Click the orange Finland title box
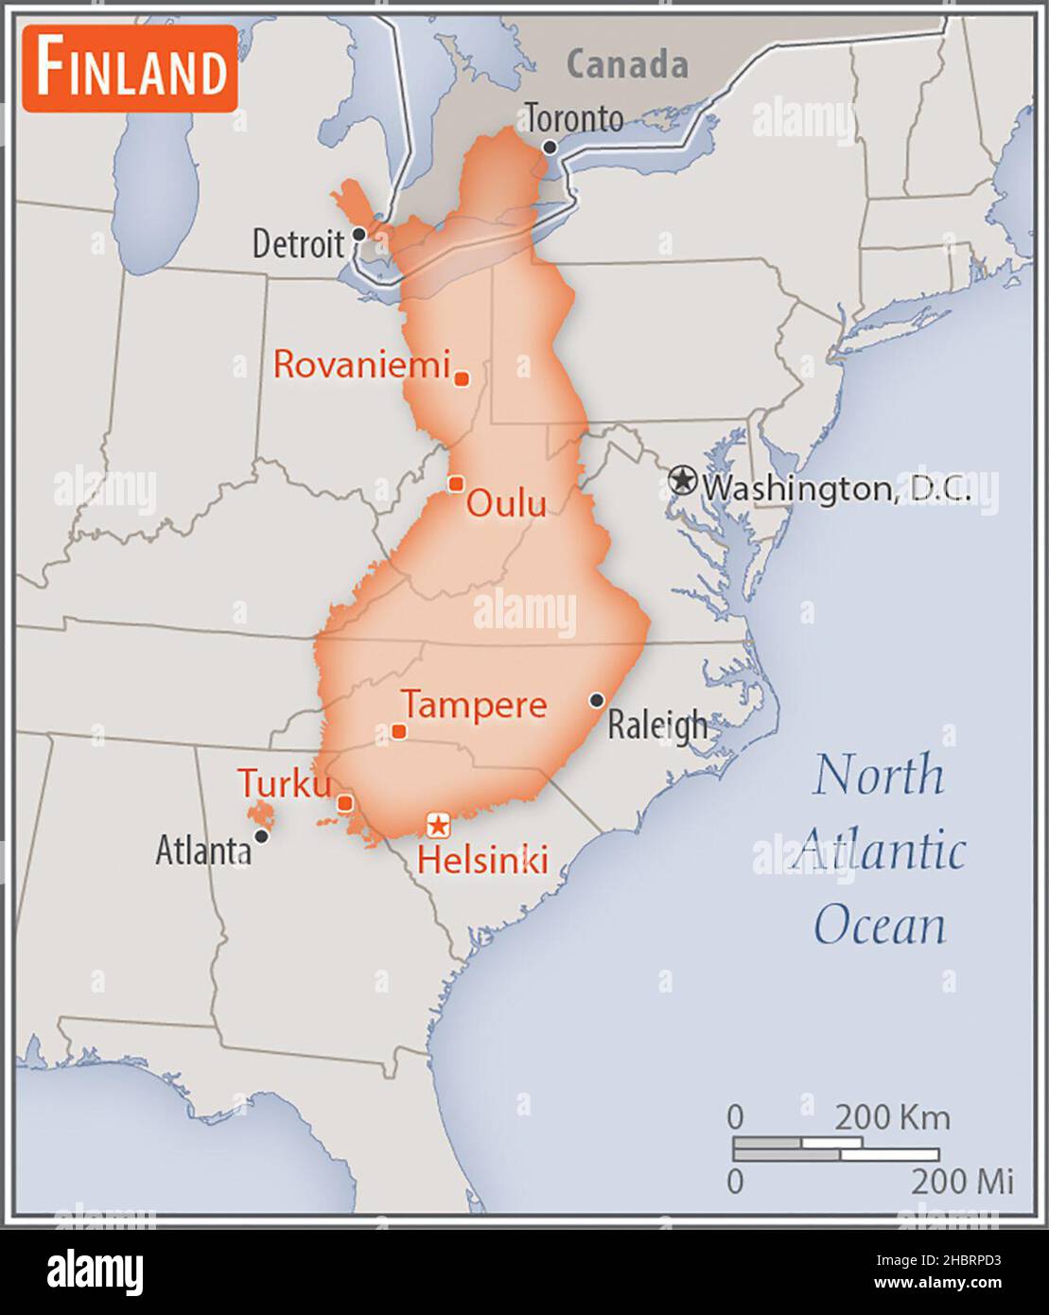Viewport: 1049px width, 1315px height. click(130, 69)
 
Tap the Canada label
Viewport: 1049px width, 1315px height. click(627, 64)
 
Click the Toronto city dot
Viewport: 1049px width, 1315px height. click(550, 148)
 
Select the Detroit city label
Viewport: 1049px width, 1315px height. click(298, 244)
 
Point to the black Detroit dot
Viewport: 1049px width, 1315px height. click(358, 234)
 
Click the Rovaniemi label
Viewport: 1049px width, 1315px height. click(361, 364)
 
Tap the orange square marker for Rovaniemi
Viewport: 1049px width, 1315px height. click(462, 378)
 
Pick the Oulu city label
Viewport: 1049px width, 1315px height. click(506, 503)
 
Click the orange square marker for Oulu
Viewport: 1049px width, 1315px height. click(456, 483)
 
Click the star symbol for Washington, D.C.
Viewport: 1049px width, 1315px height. click(681, 481)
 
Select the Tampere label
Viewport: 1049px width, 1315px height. click(474, 705)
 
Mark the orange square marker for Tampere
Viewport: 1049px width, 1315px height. click(399, 731)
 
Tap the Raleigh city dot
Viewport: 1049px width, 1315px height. click(597, 700)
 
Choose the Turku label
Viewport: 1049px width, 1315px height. click(285, 783)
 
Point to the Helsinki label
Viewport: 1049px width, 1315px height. click(482, 860)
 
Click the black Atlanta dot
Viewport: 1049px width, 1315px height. click(262, 835)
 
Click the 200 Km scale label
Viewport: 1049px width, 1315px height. click(892, 1117)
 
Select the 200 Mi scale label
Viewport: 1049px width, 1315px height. click(962, 1181)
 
